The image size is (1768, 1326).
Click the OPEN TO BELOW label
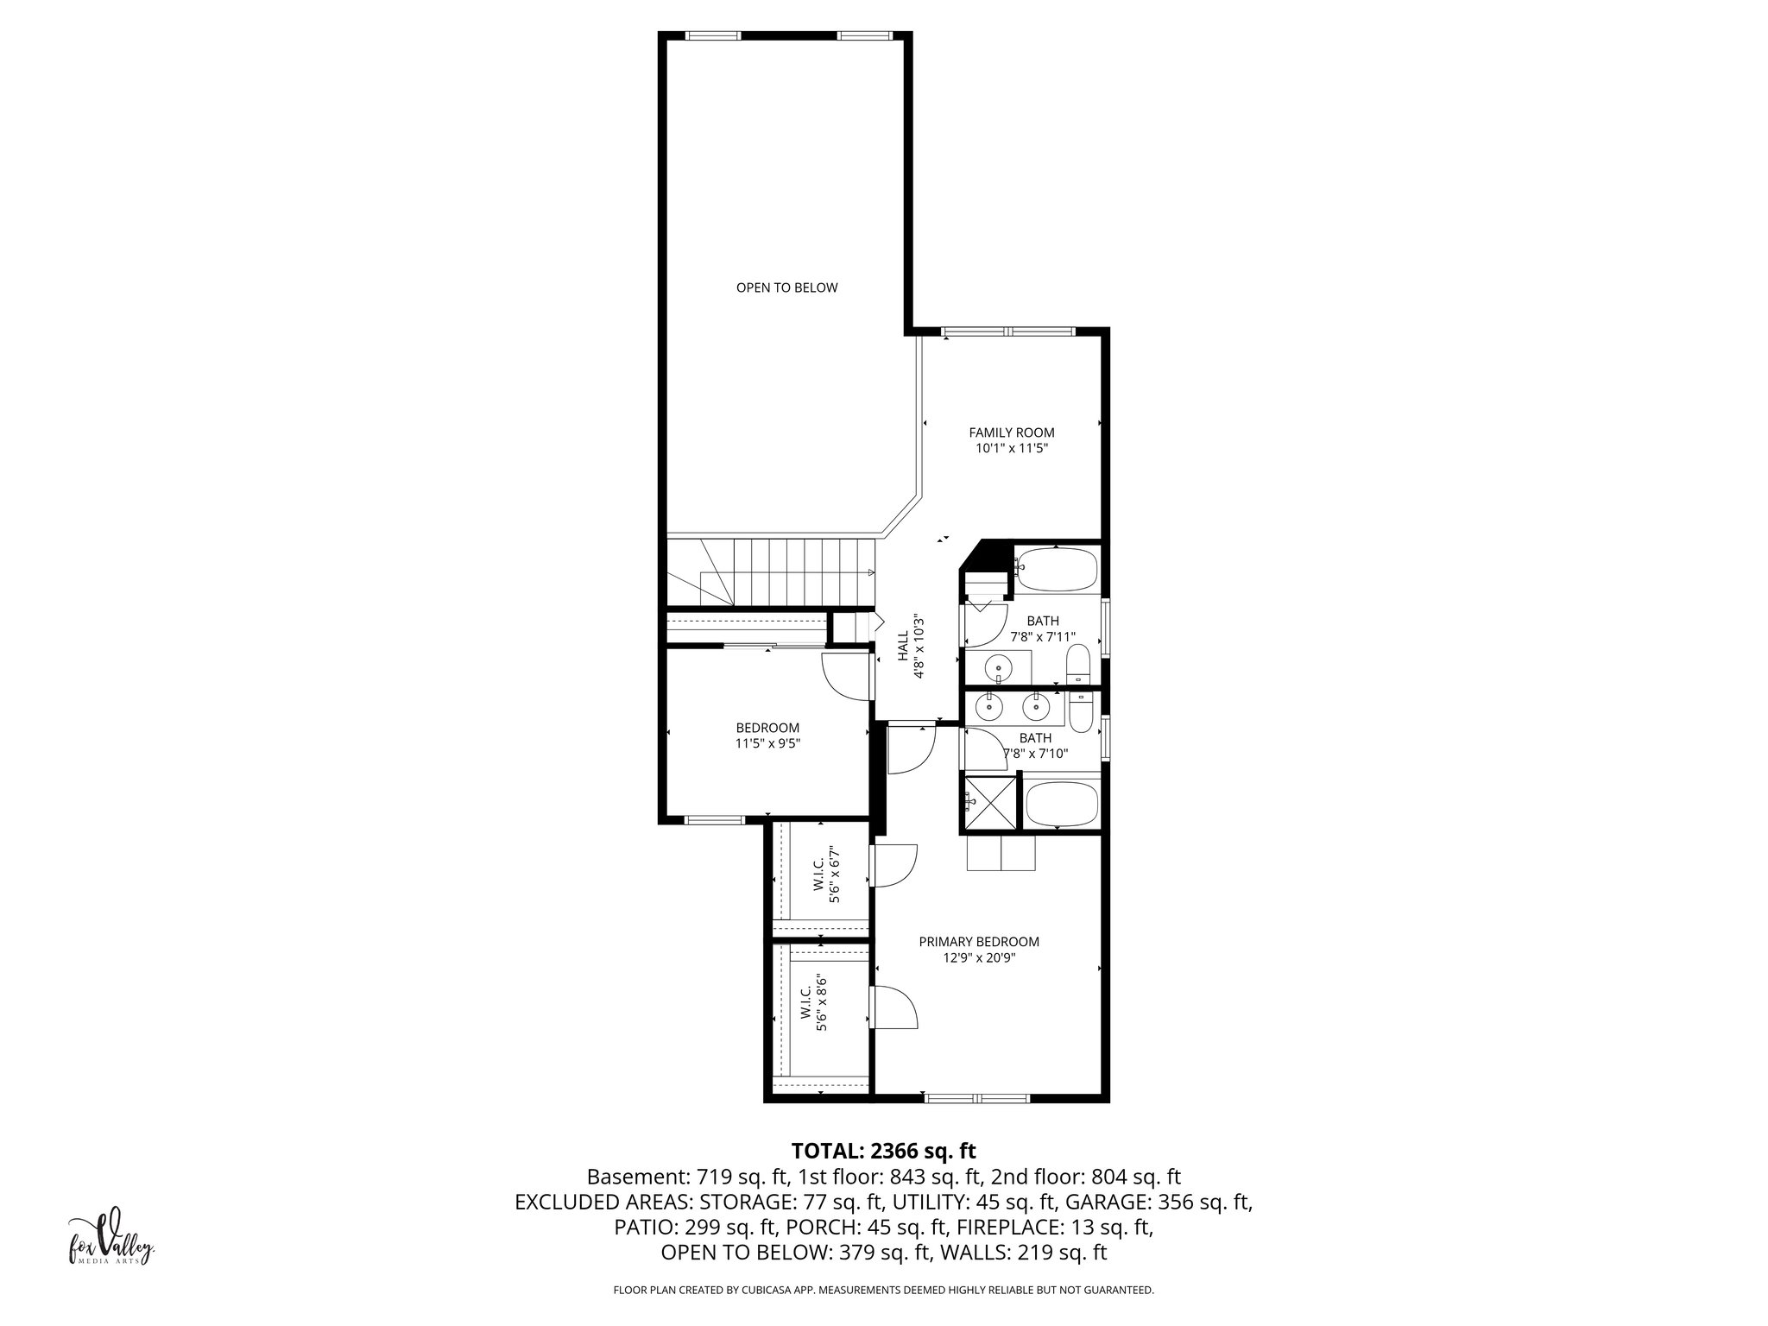(x=786, y=287)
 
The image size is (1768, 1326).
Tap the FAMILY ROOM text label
(x=1011, y=433)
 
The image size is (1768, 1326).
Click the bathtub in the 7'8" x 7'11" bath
(x=1055, y=569)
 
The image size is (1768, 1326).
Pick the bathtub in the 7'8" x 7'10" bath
(x=1062, y=802)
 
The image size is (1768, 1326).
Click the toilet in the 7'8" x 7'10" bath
(x=1081, y=710)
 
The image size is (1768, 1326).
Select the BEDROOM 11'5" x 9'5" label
(x=767, y=735)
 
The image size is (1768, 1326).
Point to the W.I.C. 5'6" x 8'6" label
(x=814, y=1004)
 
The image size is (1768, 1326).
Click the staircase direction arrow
(x=869, y=572)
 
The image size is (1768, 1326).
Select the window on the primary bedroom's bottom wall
(x=976, y=1098)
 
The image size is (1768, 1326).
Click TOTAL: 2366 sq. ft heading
(x=883, y=1150)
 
